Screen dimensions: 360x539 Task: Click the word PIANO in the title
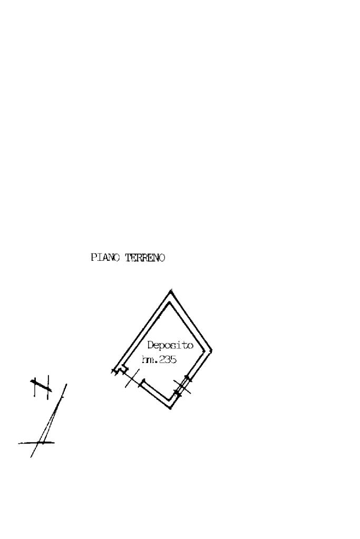point(106,258)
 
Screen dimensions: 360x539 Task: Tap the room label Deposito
point(170,346)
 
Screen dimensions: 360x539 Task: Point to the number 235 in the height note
point(168,360)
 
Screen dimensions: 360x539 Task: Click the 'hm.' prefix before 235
point(148,360)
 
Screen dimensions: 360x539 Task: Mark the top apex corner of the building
point(170,290)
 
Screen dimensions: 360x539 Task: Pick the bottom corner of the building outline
point(171,408)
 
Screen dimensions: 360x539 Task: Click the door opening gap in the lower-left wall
point(132,377)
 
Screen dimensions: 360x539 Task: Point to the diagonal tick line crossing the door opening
point(132,378)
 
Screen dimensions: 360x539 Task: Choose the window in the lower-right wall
point(182,386)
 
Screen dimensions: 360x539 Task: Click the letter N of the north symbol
point(41,387)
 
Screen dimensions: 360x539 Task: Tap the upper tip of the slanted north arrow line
point(66,385)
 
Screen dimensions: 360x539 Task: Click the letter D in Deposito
point(150,346)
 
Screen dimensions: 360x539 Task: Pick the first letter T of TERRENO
point(128,258)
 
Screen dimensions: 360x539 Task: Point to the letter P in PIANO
point(94,258)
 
